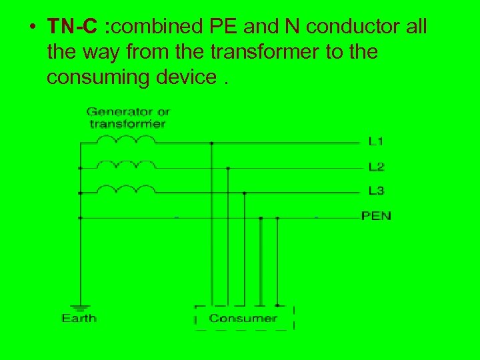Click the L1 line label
click(376, 141)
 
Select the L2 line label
click(376, 166)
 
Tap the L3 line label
click(376, 191)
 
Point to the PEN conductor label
click(376, 215)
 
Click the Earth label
click(79, 318)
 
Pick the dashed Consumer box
click(244, 318)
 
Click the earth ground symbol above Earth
click(80, 306)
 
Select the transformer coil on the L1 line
click(126, 139)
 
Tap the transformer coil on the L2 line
click(126, 164)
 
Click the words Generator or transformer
click(127, 117)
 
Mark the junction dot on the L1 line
click(211, 143)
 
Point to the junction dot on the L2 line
click(228, 168)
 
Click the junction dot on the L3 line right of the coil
click(244, 193)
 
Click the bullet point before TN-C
click(31, 28)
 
